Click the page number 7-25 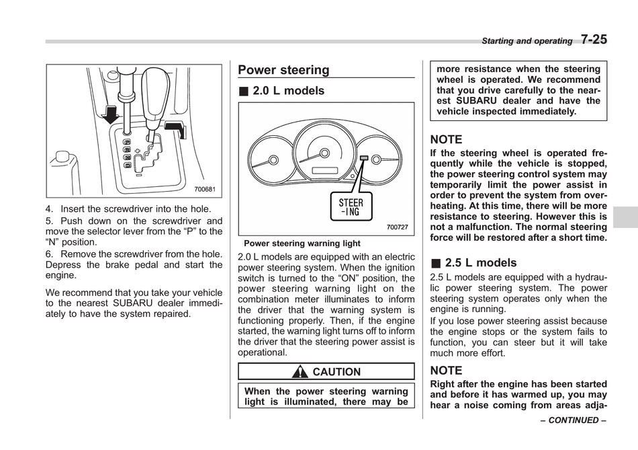tap(594, 40)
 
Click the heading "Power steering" tap(283, 70)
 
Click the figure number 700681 tap(205, 189)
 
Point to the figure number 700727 tap(397, 227)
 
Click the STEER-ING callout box tap(351, 207)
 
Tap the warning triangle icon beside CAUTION tap(300, 371)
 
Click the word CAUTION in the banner tap(336, 372)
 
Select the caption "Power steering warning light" tap(302, 243)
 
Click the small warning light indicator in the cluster tap(364, 158)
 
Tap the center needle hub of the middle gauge tap(324, 153)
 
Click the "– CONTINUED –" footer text tap(574, 420)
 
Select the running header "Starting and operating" tap(527, 41)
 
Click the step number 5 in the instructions tap(48, 221)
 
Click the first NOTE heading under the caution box tap(446, 139)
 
